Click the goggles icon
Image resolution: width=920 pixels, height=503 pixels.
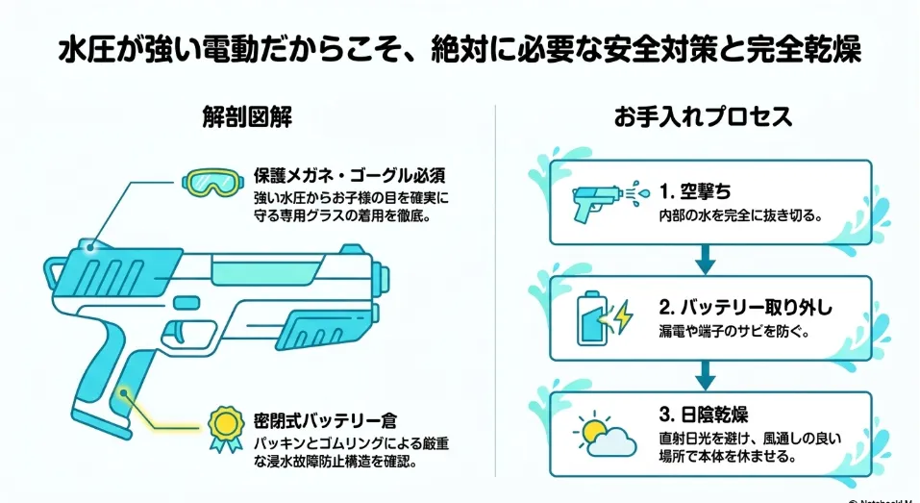[211, 183]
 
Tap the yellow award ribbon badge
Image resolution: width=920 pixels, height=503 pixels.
[226, 428]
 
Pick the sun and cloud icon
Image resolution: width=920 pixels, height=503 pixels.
[605, 435]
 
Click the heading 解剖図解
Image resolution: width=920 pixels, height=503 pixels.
[246, 116]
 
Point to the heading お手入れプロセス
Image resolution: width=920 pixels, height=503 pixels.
[704, 116]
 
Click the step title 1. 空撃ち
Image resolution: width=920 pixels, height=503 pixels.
[695, 191]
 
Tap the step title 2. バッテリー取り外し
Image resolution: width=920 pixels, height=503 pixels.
[745, 307]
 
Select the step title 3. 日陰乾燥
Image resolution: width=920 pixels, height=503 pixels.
[703, 415]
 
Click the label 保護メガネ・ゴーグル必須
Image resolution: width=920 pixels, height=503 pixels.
[350, 175]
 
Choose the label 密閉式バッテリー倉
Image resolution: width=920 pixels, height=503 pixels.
[325, 420]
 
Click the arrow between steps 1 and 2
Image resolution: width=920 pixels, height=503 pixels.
[706, 259]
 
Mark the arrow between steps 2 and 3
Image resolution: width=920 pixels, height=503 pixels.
[706, 375]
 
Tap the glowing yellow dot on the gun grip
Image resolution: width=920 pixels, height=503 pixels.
[124, 392]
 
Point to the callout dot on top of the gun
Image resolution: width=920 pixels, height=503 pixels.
[89, 248]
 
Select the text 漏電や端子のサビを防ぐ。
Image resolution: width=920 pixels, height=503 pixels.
[734, 332]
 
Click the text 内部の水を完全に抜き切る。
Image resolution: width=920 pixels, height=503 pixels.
[740, 215]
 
